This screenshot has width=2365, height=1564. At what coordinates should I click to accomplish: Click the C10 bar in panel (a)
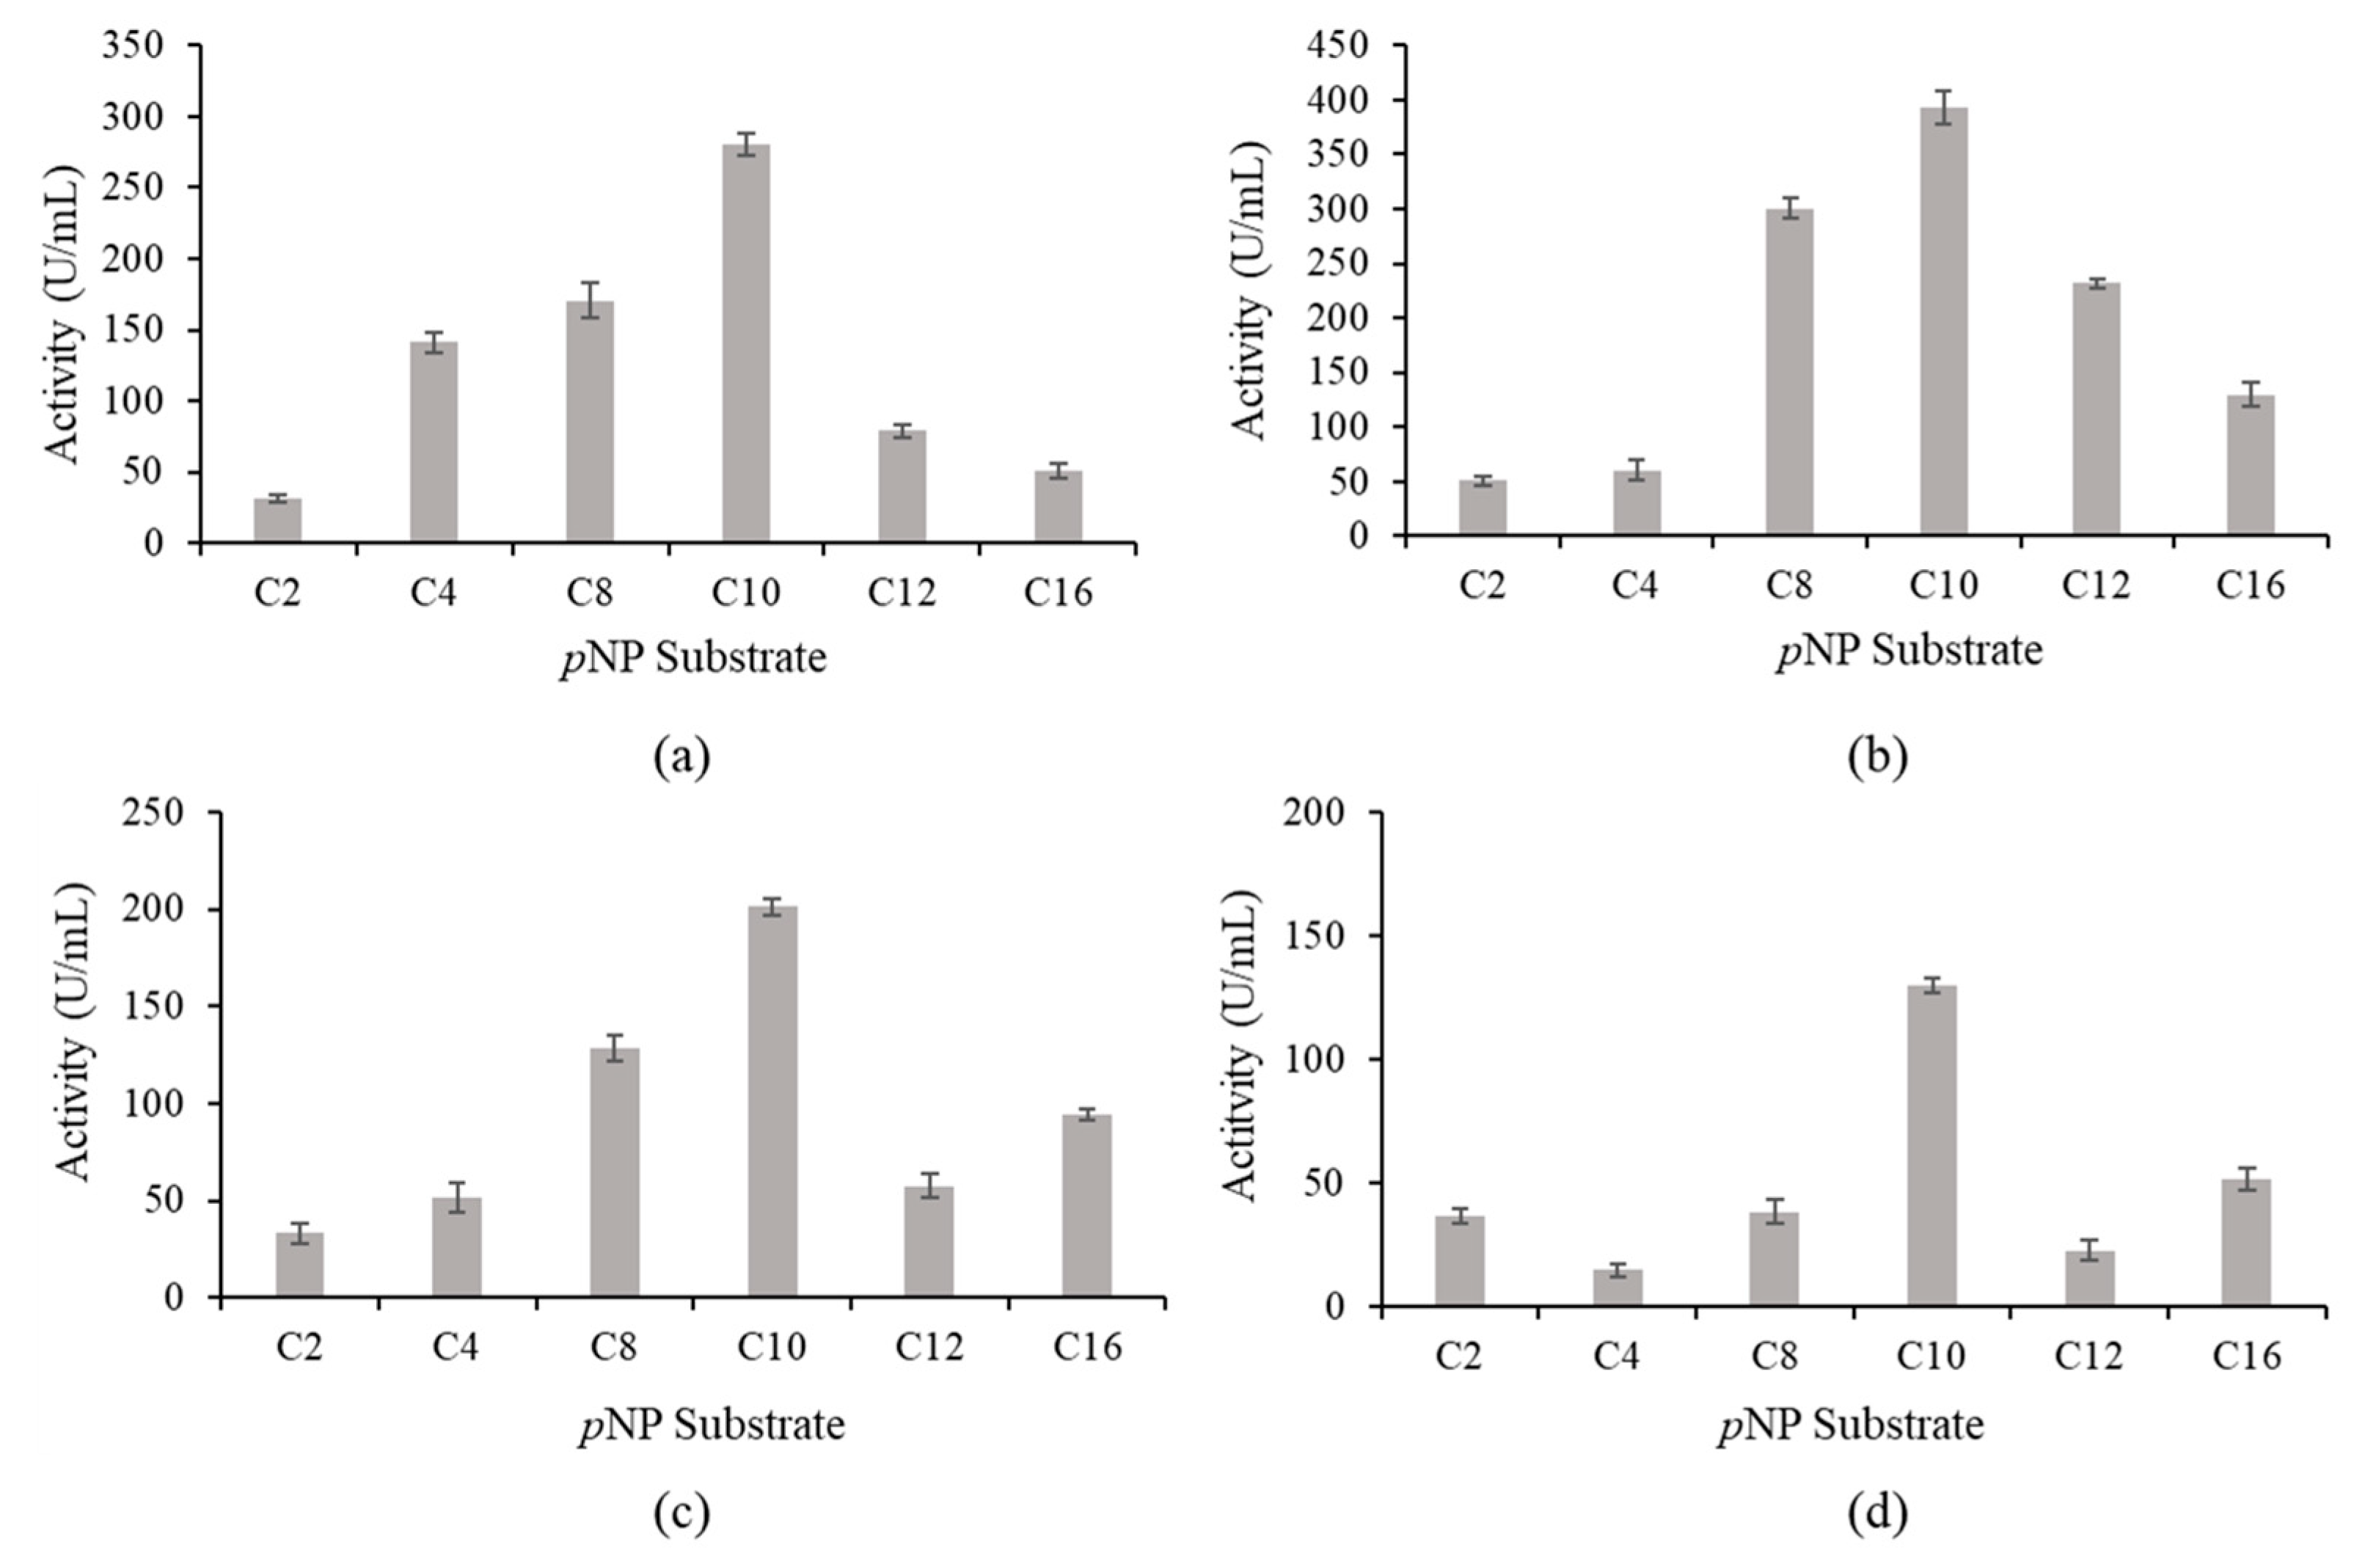(x=746, y=343)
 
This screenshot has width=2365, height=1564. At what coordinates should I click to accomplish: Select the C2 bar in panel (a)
(x=277, y=519)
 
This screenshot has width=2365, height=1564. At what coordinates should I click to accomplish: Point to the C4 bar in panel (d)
(x=1618, y=1287)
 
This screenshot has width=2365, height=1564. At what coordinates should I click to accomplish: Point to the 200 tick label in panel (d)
(x=1314, y=813)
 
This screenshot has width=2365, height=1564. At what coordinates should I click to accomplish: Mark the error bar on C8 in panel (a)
(x=591, y=299)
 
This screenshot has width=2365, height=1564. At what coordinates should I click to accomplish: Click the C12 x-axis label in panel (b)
(x=2095, y=585)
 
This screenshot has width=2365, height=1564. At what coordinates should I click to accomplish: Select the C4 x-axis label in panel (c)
(x=455, y=1348)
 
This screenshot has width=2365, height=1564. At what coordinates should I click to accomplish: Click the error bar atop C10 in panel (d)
(x=1931, y=984)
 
